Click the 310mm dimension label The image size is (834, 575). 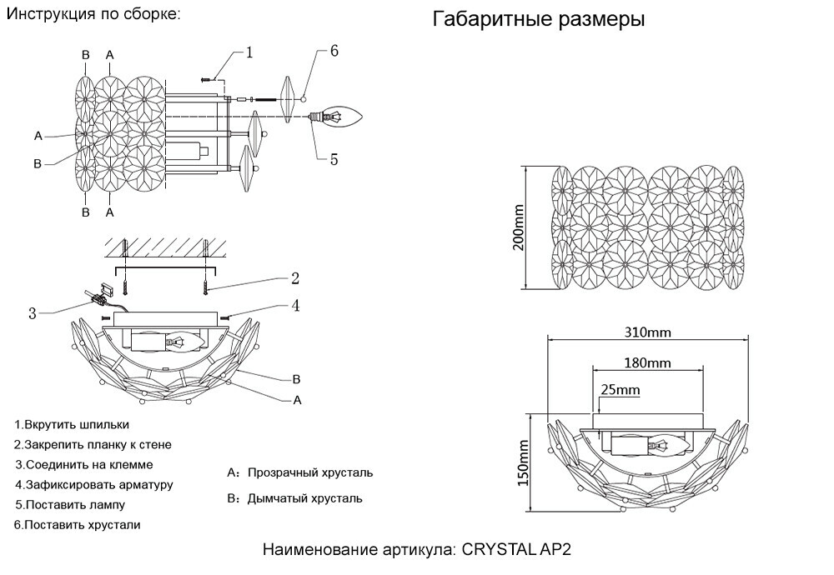click(648, 332)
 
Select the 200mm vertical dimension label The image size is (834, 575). click(518, 227)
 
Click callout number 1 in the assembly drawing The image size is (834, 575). click(249, 52)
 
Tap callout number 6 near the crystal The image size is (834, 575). click(334, 51)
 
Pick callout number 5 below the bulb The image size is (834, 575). click(334, 158)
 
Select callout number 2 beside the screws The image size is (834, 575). click(294, 278)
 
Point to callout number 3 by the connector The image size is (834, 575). click(32, 313)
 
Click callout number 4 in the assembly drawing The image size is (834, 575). click(294, 306)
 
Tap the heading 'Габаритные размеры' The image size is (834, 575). click(538, 20)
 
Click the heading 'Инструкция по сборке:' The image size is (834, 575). click(93, 15)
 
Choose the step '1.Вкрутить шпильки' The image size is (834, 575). click(72, 424)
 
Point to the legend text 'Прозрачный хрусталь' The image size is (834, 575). click(309, 472)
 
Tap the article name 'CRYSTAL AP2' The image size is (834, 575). click(517, 551)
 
